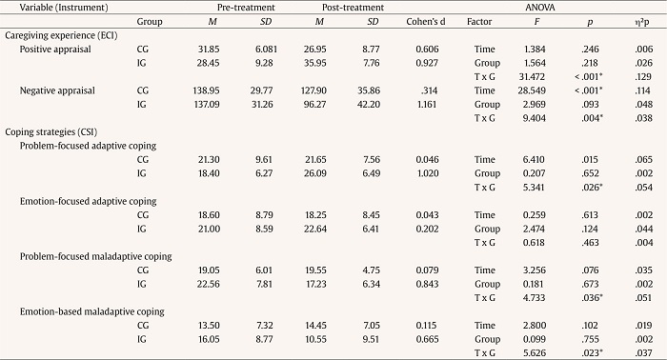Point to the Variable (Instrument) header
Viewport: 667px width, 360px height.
click(45, 6)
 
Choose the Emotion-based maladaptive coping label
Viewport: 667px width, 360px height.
click(83, 310)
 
